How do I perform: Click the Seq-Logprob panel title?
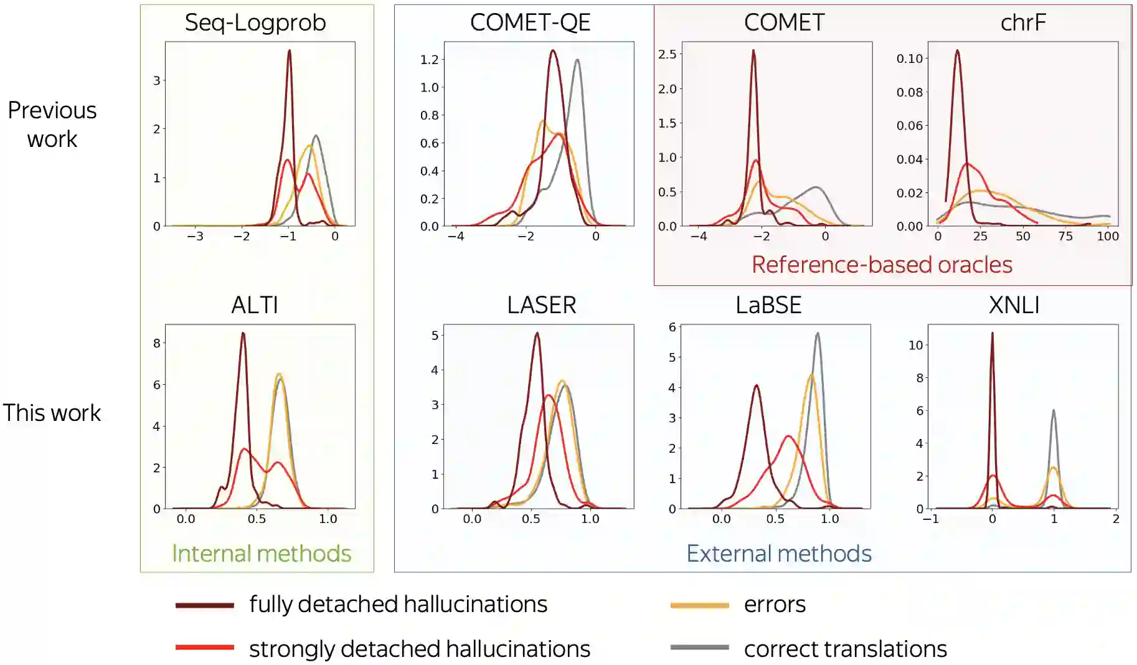pos(255,23)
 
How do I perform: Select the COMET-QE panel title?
pos(530,23)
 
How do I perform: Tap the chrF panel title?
pos(1023,23)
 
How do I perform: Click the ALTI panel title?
pos(255,305)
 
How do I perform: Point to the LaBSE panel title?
pos(768,305)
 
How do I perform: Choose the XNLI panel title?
pos(1014,305)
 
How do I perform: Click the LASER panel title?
pos(541,305)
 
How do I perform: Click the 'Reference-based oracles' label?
pos(882,265)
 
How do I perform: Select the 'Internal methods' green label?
pos(262,554)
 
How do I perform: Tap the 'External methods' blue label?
pos(779,554)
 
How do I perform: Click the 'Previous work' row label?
pos(52,125)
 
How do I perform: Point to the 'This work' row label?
pos(52,413)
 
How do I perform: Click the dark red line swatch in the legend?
pos(204,605)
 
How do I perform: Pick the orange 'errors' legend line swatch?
pos(699,605)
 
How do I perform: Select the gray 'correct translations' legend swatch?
pos(699,648)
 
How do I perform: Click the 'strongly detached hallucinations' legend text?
pos(419,649)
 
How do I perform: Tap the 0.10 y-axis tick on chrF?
pos(909,59)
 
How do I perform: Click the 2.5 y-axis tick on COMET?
pos(667,54)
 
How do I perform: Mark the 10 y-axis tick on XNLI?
pos(915,345)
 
